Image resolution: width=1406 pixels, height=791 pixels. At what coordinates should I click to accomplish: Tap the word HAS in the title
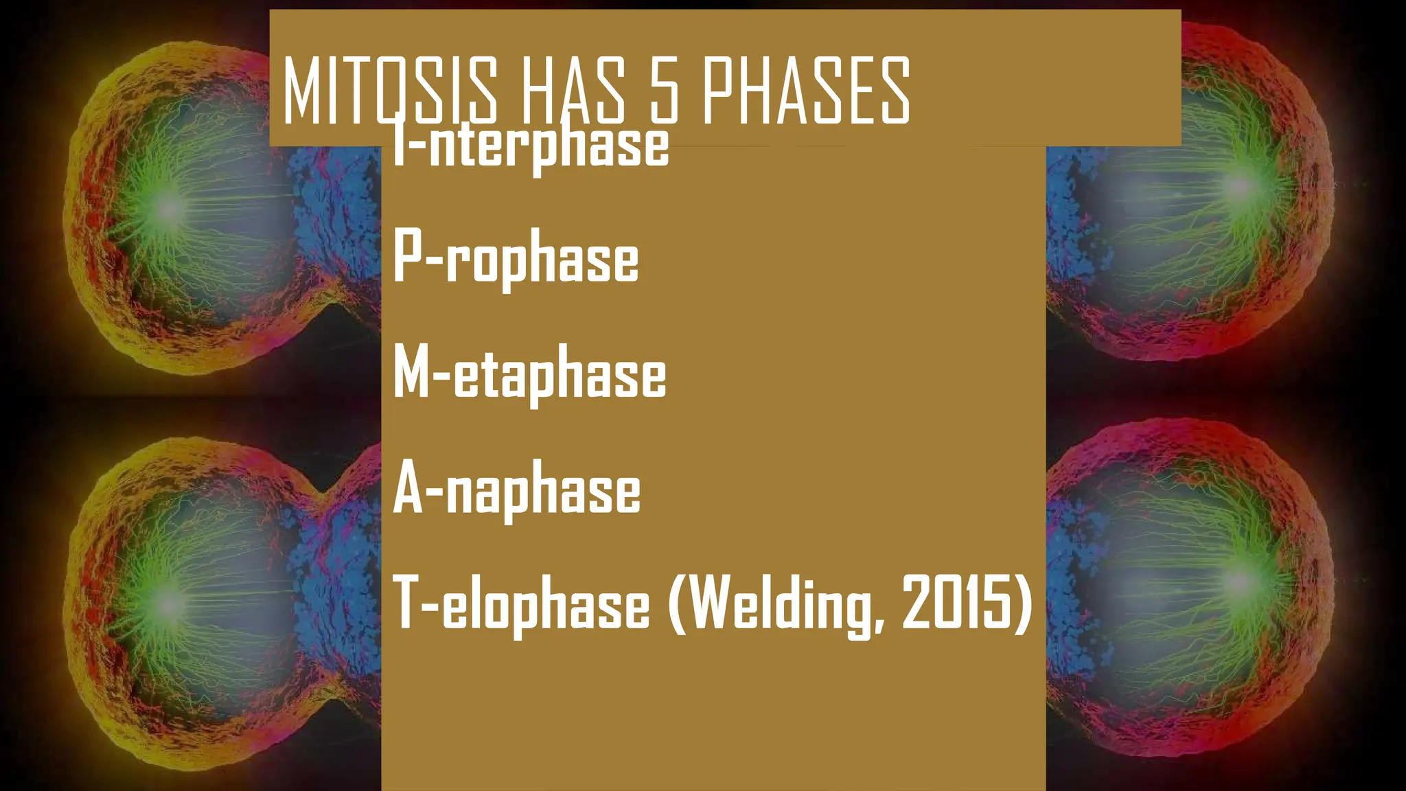573,91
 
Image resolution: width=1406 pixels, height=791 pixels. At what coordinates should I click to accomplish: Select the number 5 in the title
665,91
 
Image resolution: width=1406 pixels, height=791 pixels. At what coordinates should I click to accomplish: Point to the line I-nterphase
530,146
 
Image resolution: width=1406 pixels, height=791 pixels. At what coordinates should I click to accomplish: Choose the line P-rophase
516,260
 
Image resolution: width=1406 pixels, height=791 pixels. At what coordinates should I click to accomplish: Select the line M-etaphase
529,375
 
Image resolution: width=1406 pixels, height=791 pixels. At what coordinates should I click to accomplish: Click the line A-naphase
516,490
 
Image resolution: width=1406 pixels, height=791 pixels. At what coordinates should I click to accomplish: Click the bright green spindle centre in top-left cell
168,209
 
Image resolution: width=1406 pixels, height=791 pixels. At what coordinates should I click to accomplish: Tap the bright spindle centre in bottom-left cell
168,604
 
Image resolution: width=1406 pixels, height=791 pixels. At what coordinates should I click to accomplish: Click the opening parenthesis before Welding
677,604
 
